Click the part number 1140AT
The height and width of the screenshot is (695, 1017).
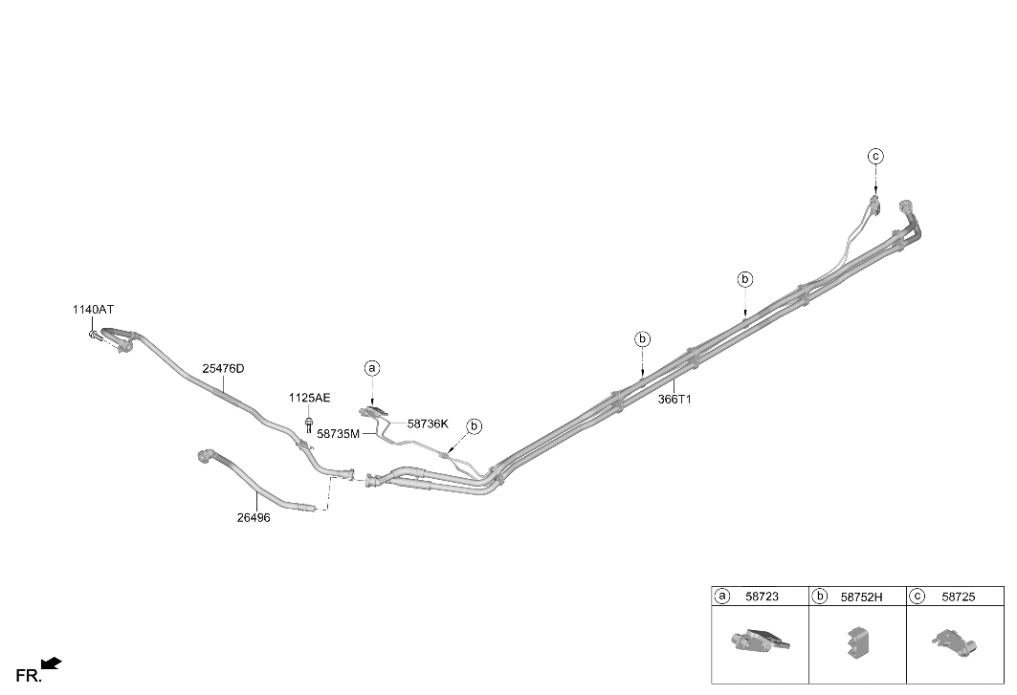(93, 310)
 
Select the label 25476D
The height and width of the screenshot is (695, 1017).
(223, 369)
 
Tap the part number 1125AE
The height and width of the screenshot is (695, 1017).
(309, 398)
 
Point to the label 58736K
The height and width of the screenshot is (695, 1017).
(428, 424)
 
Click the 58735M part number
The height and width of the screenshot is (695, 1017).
(338, 434)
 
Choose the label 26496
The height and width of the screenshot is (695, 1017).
(254, 518)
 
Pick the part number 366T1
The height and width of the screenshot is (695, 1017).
(674, 400)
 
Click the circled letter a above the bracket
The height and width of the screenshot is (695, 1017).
(371, 368)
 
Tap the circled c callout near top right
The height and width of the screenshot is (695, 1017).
(875, 156)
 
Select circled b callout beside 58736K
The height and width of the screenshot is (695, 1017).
(475, 426)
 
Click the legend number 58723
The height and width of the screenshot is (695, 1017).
(763, 597)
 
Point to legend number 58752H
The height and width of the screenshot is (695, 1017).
(862, 597)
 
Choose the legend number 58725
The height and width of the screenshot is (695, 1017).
(959, 597)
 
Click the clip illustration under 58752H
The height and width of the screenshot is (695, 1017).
(857, 641)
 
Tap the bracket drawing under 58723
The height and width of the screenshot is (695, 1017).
(760, 640)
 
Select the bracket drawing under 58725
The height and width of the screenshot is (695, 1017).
(955, 641)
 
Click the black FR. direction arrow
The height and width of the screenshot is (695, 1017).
(52, 663)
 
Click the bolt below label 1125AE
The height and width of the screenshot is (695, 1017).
(309, 425)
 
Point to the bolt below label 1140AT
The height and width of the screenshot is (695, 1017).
(96, 336)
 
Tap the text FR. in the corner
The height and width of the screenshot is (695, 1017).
(29, 676)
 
